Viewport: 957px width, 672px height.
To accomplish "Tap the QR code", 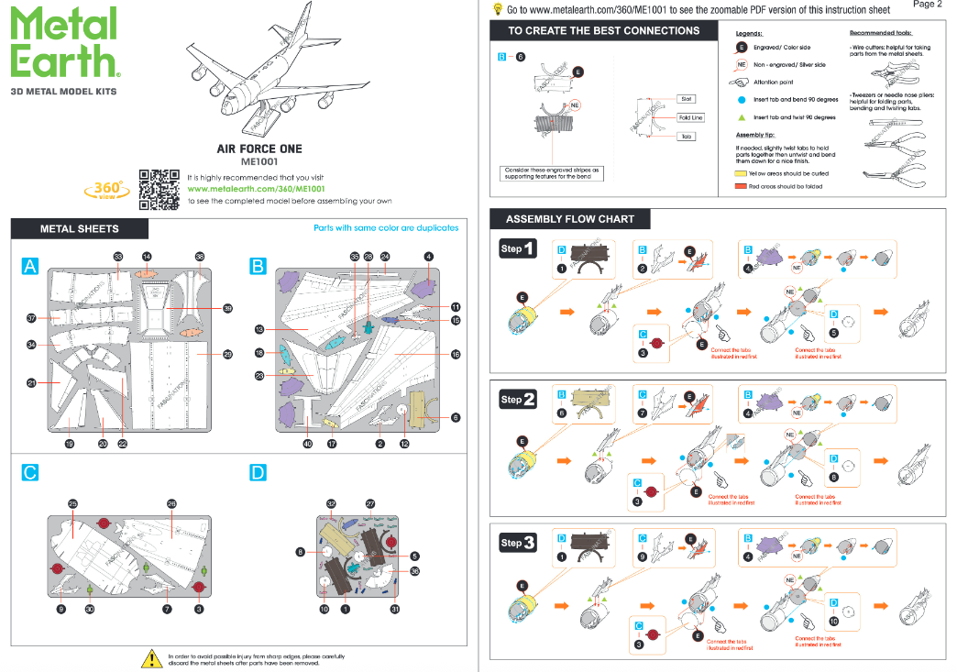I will click(159, 190).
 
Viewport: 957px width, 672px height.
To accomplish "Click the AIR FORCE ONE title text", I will click(258, 149).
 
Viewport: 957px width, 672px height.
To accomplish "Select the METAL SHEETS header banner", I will click(80, 228).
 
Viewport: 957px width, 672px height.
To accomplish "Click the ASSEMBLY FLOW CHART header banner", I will click(569, 219).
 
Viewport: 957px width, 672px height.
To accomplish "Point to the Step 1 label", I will click(518, 248).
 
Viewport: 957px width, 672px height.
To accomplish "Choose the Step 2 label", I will click(518, 400).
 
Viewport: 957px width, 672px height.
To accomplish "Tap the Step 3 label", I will click(518, 543).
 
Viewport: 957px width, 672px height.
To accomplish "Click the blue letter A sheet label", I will click(31, 266).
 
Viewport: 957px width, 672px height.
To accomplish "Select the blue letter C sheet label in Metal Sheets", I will click(30, 473).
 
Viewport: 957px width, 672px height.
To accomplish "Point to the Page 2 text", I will click(927, 5).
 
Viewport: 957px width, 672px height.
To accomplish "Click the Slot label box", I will click(687, 99).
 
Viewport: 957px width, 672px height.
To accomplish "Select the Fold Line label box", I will click(690, 117).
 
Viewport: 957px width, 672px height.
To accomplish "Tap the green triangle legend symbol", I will click(741, 117).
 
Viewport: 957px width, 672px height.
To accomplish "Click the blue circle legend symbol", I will click(741, 99).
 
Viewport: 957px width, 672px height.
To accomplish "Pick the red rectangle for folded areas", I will click(741, 186).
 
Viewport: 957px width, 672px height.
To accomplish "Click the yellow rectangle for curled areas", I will click(741, 173).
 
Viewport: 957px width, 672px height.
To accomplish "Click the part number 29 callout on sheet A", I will click(227, 354).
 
